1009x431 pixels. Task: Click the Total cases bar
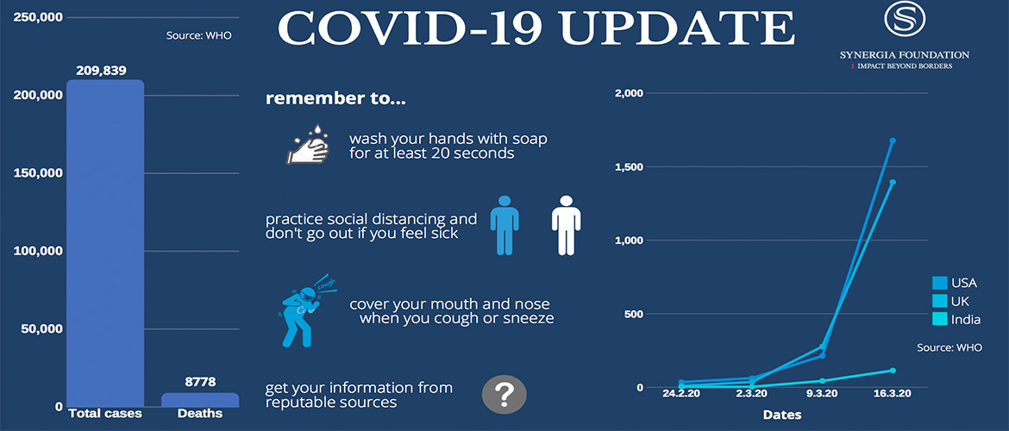[x=105, y=243]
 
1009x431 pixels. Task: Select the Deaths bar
[x=200, y=400]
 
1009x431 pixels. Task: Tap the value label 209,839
[x=101, y=70]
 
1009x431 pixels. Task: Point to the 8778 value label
[x=199, y=382]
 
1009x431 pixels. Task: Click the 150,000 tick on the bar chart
[x=38, y=173]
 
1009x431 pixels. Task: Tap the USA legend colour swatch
[x=939, y=283]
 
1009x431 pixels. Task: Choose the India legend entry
[x=957, y=319]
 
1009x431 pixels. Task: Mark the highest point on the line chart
[x=893, y=141]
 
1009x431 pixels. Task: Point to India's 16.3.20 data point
[x=893, y=370]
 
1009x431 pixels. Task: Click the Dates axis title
[x=782, y=415]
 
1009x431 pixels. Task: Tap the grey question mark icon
[x=504, y=394]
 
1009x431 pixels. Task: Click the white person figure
[x=567, y=225]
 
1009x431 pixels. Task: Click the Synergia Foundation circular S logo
[x=904, y=19]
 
